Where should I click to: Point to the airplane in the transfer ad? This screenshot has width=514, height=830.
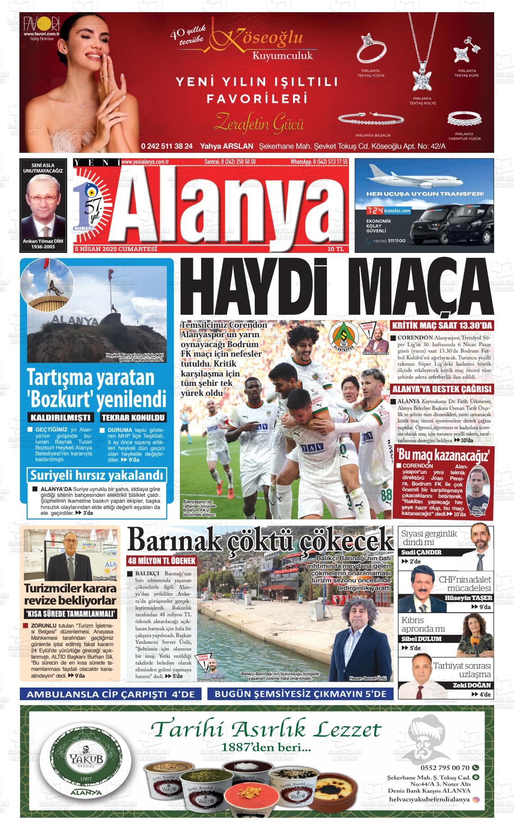pyautogui.click(x=415, y=176)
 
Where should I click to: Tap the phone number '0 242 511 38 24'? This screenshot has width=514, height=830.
pyautogui.click(x=167, y=146)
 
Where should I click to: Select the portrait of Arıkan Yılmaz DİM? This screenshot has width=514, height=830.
pyautogui.click(x=43, y=206)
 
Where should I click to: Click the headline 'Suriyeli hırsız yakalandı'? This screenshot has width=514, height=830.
pyautogui.click(x=96, y=475)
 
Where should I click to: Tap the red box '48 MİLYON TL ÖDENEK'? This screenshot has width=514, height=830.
pyautogui.click(x=161, y=561)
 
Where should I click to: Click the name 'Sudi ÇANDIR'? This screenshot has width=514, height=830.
pyautogui.click(x=422, y=552)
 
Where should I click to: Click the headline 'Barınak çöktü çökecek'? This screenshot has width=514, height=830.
pyautogui.click(x=260, y=540)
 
